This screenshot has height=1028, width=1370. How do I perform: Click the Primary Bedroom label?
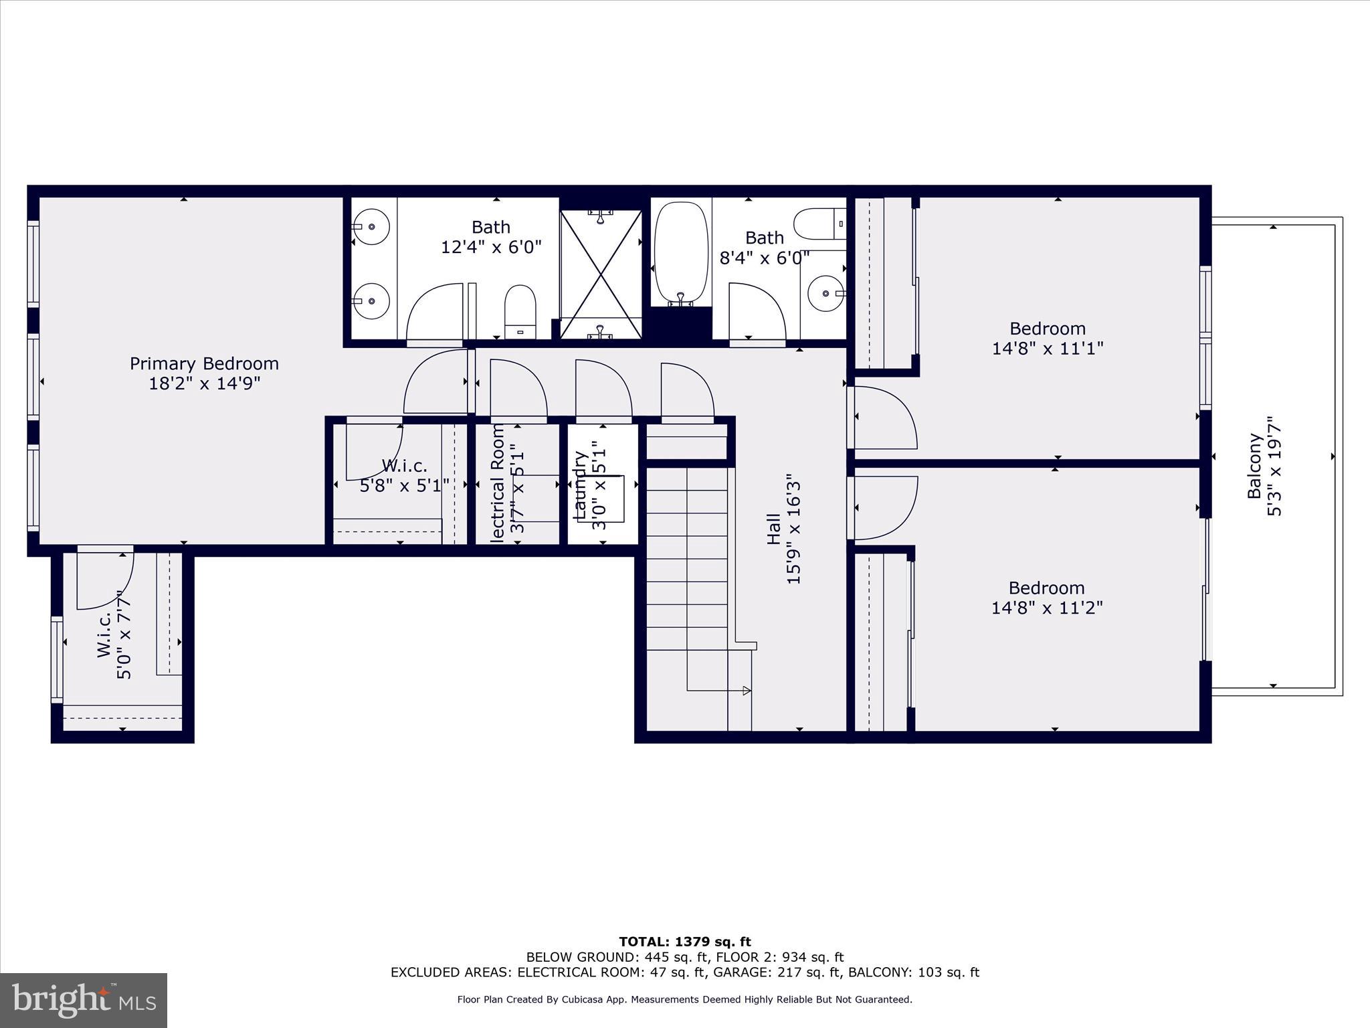204,363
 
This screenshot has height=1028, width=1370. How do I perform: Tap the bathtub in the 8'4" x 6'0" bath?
681,254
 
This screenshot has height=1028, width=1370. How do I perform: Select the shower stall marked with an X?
601,274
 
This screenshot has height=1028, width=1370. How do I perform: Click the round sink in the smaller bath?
825,293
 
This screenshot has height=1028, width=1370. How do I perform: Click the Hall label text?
774,529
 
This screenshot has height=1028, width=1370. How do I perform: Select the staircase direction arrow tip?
747,691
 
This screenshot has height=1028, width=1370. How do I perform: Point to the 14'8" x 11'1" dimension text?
1048,349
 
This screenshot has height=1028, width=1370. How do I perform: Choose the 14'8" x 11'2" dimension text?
1047,608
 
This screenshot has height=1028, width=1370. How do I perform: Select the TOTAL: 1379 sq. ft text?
685,942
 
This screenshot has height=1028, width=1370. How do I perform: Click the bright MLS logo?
84,1000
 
